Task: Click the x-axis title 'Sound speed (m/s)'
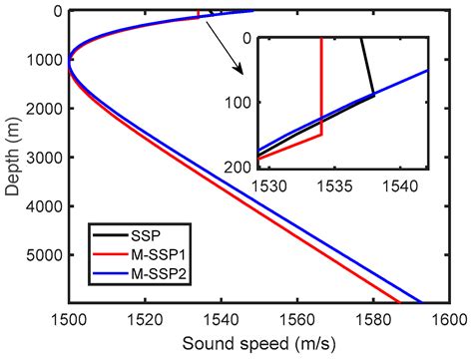pyautogui.click(x=258, y=344)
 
